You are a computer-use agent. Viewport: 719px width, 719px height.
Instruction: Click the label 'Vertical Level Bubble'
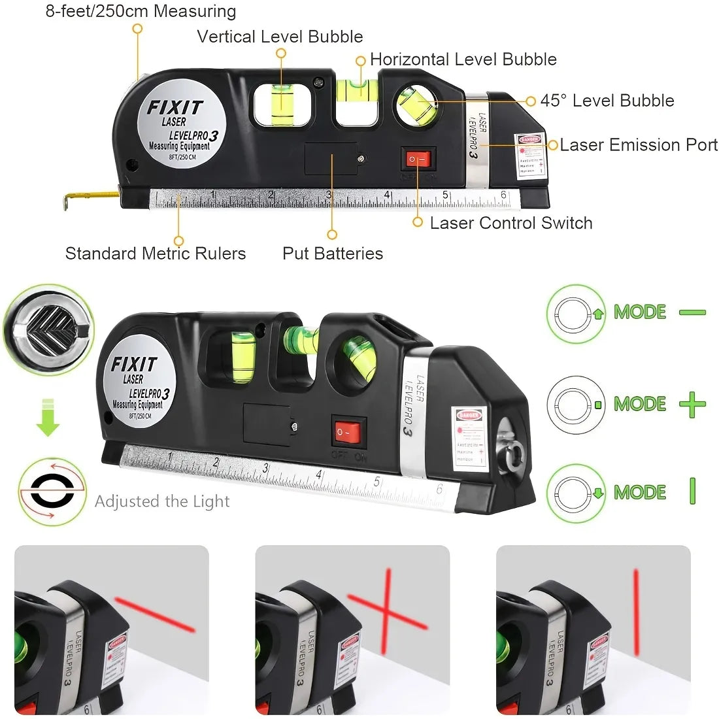tap(280, 37)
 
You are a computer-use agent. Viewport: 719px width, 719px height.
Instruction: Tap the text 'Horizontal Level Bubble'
tap(463, 59)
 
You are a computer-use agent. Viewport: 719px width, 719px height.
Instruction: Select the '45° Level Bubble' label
tap(607, 101)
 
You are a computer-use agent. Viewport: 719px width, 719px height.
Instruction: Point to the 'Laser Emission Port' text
tap(638, 144)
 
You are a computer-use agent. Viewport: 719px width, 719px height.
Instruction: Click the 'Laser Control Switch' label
tap(510, 223)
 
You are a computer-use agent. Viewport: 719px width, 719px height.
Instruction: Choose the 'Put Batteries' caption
tap(332, 254)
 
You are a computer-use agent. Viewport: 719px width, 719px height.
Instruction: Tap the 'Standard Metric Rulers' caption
tap(156, 254)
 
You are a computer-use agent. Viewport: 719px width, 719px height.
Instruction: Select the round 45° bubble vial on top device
tap(416, 104)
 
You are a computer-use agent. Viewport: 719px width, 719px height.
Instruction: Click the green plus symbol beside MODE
tap(692, 405)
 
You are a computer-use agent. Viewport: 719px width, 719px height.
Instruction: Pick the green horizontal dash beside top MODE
tap(692, 312)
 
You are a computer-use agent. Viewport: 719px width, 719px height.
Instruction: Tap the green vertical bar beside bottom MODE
tap(692, 491)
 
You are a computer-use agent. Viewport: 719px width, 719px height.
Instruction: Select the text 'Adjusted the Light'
tap(162, 501)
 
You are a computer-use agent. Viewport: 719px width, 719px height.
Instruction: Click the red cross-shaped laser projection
tap(387, 612)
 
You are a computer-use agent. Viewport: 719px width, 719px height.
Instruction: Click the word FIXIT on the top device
tap(175, 107)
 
